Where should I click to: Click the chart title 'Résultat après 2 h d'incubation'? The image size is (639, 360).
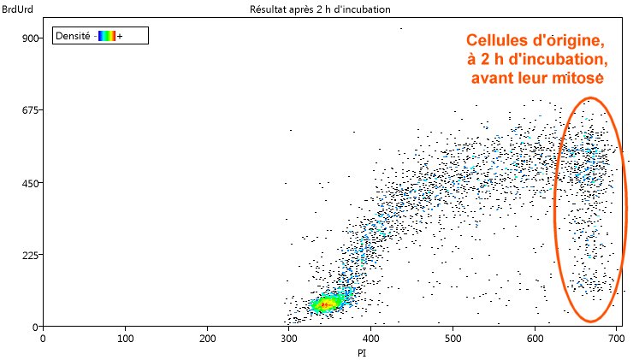pyautogui.click(x=319, y=9)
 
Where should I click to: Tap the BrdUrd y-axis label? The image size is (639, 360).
pyautogui.click(x=16, y=9)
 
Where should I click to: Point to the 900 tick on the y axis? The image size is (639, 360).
pyautogui.click(x=28, y=38)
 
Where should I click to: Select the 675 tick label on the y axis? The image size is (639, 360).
pyautogui.click(x=28, y=110)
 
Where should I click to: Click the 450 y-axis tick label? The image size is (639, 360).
pyautogui.click(x=28, y=183)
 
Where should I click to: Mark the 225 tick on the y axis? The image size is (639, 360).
pyautogui.click(x=28, y=255)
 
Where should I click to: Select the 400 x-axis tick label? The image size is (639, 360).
pyautogui.click(x=370, y=338)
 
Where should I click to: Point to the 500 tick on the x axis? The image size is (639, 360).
pyautogui.click(x=453, y=338)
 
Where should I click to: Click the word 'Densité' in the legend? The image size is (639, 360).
pyautogui.click(x=72, y=36)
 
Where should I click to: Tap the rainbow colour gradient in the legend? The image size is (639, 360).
pyautogui.click(x=106, y=36)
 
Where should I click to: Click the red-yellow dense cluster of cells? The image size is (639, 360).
pyautogui.click(x=324, y=304)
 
